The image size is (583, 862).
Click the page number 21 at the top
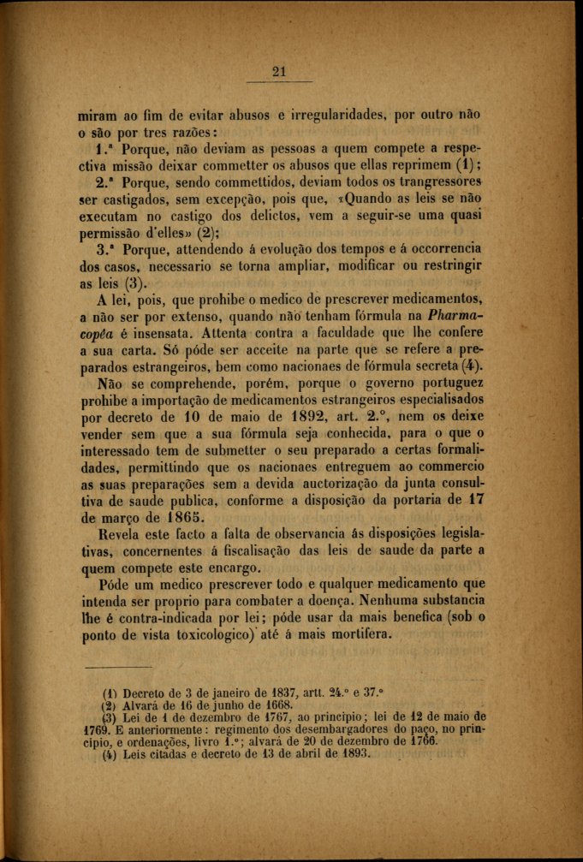(277, 72)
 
